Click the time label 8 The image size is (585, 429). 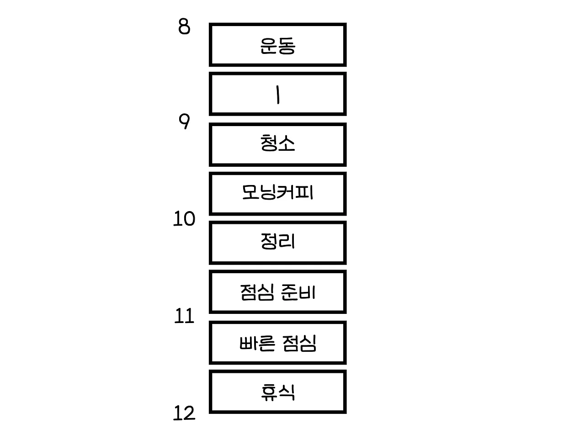click(x=184, y=27)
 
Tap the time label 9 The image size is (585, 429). click(x=184, y=122)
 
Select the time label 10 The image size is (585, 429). click(x=184, y=220)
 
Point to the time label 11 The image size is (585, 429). click(x=184, y=316)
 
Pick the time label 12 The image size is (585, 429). click(x=184, y=414)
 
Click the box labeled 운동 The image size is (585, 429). click(x=277, y=45)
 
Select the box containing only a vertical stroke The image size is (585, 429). click(x=277, y=94)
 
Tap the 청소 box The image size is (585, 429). click(x=277, y=144)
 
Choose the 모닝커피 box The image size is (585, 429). click(x=277, y=193)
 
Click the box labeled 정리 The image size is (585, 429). click(x=277, y=243)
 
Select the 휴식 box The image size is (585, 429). click(x=277, y=392)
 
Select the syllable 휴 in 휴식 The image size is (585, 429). click(x=269, y=392)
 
